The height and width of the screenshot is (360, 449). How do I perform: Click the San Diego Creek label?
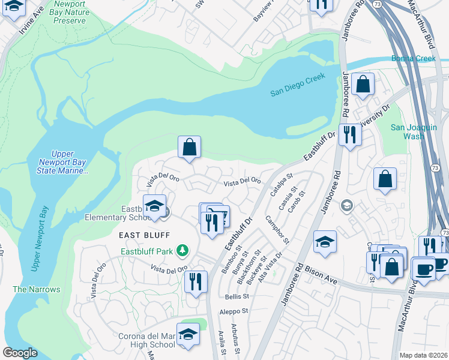(x=297, y=84)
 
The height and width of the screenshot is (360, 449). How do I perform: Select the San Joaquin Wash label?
(x=415, y=131)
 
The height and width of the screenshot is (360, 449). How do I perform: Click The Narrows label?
(x=37, y=289)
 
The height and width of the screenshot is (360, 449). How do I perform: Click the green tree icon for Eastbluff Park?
(x=186, y=251)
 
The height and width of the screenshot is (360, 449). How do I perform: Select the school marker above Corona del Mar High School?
(x=188, y=334)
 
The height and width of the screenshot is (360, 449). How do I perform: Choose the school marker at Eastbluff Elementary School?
(x=154, y=205)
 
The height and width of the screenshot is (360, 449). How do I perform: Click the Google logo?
(x=20, y=353)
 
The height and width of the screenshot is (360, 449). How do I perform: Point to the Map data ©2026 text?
(x=423, y=355)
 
